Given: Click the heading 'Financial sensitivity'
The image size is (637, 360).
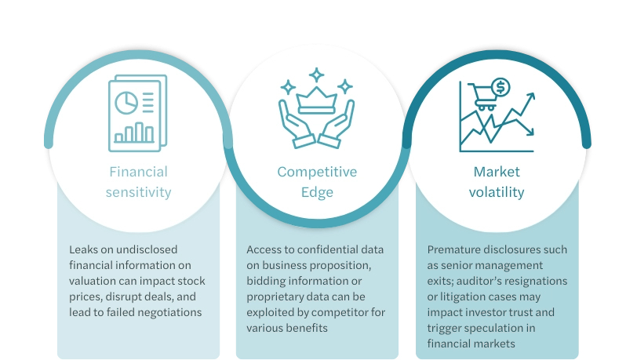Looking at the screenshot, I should [x=138, y=182].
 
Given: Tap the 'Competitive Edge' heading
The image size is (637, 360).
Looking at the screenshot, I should [x=317, y=182].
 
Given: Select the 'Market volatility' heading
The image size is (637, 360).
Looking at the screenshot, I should [x=497, y=182].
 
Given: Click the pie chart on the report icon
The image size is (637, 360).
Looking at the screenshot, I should [x=125, y=103].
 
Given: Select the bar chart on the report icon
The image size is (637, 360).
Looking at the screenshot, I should [x=134, y=133].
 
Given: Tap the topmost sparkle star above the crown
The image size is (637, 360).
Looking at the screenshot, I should [x=316, y=75].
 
